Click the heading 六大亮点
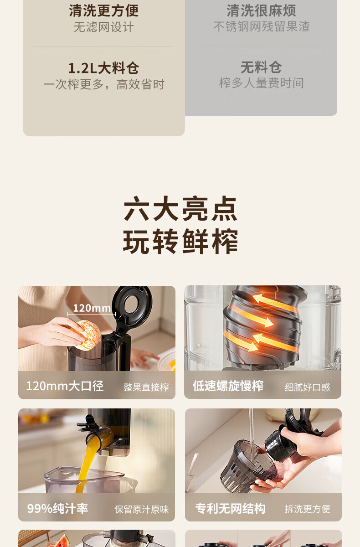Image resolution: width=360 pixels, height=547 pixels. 180,208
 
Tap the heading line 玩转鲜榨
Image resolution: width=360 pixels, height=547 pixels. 180,241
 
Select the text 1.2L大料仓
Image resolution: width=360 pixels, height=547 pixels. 104,68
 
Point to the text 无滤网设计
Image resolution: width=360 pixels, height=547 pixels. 104,27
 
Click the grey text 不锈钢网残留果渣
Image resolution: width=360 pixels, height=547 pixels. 262,26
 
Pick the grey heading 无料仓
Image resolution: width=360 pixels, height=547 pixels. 261,67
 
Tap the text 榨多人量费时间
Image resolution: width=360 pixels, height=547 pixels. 262,83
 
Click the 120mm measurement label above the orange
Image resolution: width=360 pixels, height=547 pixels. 92,308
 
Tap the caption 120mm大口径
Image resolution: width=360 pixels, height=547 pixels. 65,386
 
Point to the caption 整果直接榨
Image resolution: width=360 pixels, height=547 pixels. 146,387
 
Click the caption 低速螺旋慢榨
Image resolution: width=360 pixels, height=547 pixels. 228,386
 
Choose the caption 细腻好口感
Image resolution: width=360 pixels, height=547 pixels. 307,387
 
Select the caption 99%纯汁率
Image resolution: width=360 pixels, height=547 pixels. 57,508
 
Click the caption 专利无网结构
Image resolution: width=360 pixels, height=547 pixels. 230,509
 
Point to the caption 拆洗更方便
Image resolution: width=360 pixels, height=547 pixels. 308,509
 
